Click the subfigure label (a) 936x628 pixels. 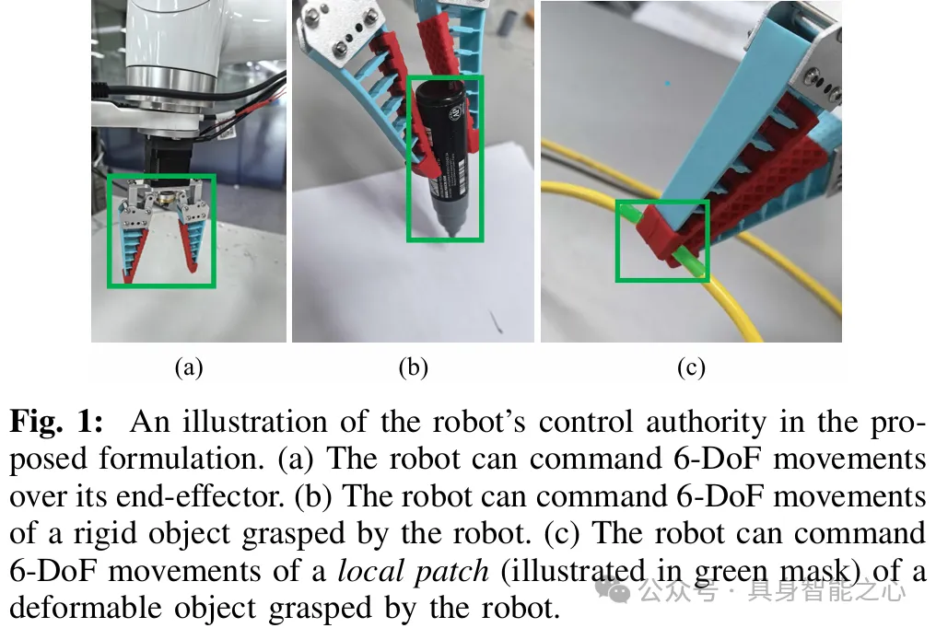[x=188, y=368]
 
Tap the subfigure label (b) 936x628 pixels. [x=413, y=368]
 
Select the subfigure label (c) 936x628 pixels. [x=690, y=368]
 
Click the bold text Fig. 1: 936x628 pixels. [x=56, y=423]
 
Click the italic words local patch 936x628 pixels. [x=413, y=572]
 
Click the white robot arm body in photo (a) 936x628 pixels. [x=166, y=55]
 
